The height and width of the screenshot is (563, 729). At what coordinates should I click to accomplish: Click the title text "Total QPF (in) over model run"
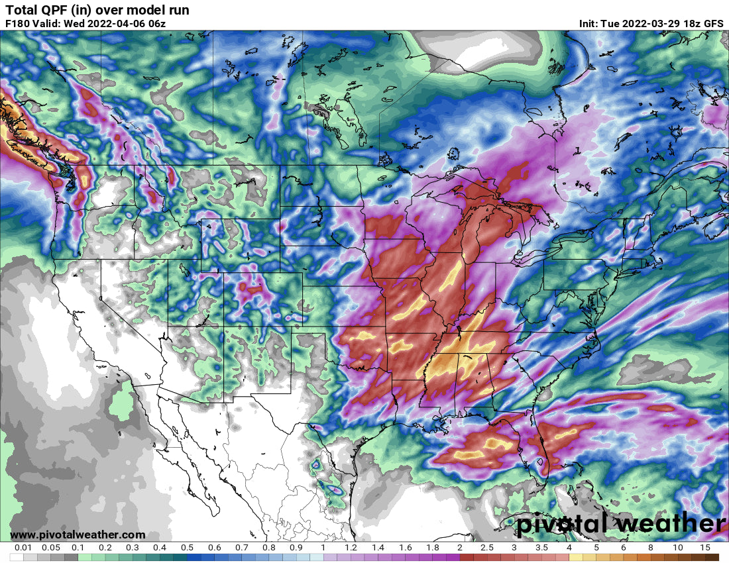tap(97, 10)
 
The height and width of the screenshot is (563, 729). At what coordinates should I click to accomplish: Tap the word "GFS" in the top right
tap(713, 23)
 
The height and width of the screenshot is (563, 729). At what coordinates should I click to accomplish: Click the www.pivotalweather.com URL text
tap(78, 535)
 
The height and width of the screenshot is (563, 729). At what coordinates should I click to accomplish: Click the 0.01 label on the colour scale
tap(23, 548)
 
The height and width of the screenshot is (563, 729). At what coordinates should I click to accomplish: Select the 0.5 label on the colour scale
tap(187, 548)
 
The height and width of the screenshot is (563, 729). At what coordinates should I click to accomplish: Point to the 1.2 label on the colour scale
tap(351, 548)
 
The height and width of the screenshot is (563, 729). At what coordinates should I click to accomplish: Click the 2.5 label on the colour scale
tap(487, 548)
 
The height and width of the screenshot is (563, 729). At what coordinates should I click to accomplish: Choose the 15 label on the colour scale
tap(705, 548)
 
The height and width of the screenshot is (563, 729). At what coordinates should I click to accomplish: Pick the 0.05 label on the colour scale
tap(50, 548)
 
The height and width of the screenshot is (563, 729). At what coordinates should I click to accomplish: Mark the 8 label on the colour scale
tap(651, 548)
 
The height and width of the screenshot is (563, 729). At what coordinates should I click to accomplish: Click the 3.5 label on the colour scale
tap(541, 548)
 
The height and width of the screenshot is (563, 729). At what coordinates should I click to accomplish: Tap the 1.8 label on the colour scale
tap(433, 548)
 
